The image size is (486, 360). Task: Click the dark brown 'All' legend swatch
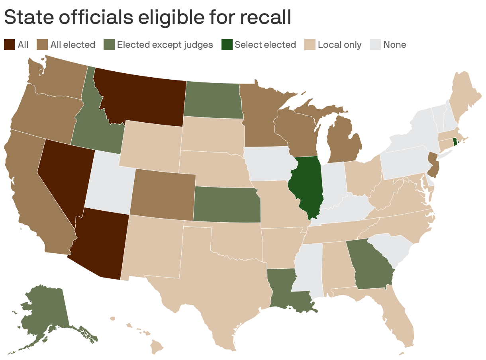(9, 44)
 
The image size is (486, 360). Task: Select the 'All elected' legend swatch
(42, 44)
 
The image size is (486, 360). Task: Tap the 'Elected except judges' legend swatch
(109, 44)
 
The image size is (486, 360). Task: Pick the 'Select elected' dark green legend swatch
(226, 44)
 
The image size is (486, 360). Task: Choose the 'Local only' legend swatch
(310, 44)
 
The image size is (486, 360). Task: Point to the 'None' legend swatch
(375, 44)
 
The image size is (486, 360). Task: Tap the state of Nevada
(64, 175)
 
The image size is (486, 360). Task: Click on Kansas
(227, 205)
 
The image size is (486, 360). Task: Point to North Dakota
(213, 100)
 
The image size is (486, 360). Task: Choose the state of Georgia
(370, 265)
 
